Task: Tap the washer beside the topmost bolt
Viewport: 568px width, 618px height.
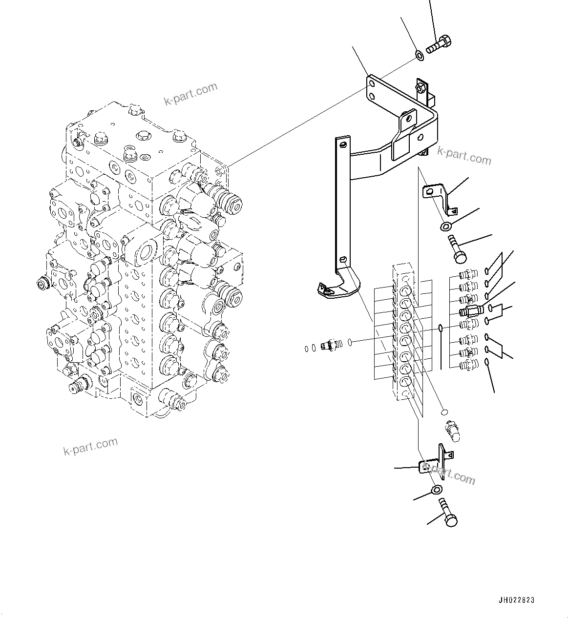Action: (x=419, y=55)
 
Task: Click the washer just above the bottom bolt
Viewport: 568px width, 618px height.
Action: (x=437, y=490)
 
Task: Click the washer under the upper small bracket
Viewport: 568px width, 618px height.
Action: (x=445, y=226)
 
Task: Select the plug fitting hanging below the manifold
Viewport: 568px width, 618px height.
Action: (x=451, y=432)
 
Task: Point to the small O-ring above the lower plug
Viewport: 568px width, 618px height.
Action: (x=443, y=412)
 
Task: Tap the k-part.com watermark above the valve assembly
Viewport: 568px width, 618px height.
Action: (x=190, y=94)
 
